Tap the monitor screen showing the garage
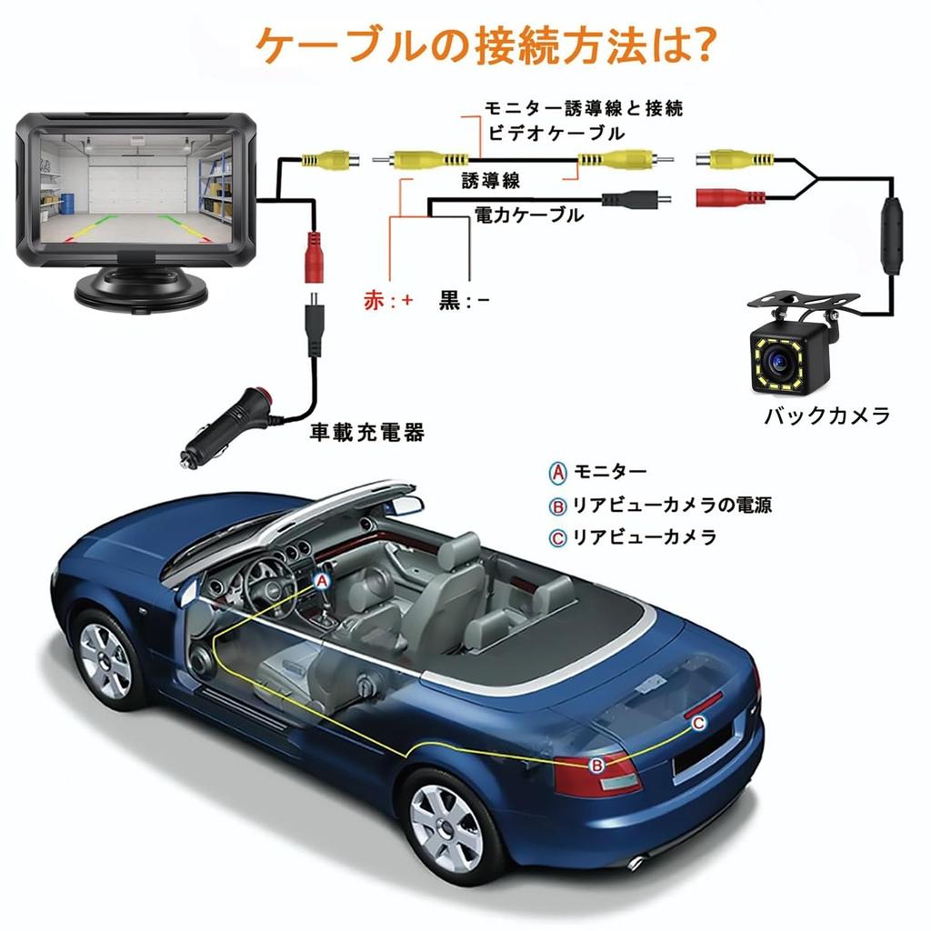(136, 187)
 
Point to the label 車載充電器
(367, 432)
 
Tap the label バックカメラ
(827, 415)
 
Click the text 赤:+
(388, 300)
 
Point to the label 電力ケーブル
(529, 215)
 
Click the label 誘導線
(490, 181)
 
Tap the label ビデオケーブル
(556, 133)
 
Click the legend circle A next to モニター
(557, 473)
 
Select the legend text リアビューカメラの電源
(672, 506)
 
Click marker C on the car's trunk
(699, 723)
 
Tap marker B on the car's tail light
(596, 766)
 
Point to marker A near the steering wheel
(322, 581)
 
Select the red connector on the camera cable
(730, 197)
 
